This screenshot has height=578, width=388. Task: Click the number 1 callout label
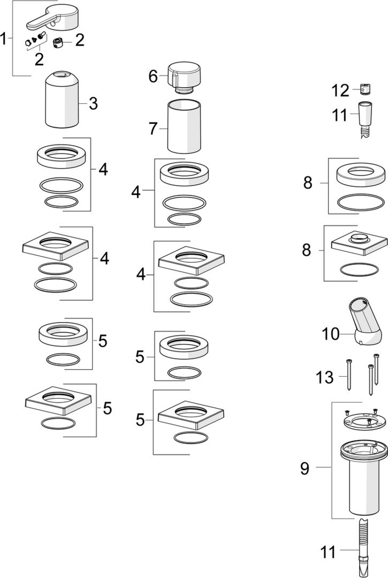click(x=5, y=39)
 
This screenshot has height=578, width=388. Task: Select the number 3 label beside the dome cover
click(x=93, y=103)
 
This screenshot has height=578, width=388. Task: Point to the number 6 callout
click(x=153, y=77)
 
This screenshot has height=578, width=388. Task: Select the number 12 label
click(x=340, y=90)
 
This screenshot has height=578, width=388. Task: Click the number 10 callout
click(x=331, y=334)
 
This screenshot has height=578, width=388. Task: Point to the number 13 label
click(x=324, y=377)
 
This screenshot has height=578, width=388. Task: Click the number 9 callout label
click(x=305, y=469)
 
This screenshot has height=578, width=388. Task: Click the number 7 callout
click(x=153, y=128)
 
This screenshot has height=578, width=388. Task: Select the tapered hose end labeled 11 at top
click(x=365, y=116)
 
